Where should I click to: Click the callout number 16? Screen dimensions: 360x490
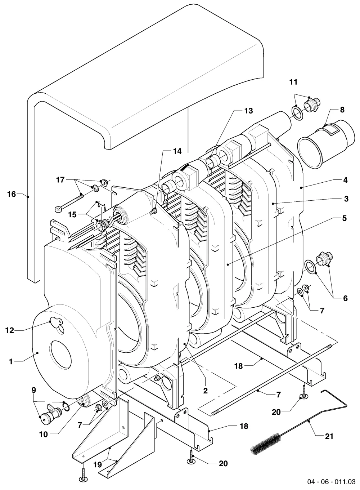pyautogui.click(x=12, y=194)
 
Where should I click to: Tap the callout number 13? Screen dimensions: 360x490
pyautogui.click(x=248, y=111)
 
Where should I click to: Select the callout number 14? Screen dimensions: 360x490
pyautogui.click(x=177, y=151)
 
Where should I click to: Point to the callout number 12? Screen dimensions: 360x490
pyautogui.click(x=10, y=330)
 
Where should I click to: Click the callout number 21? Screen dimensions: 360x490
pyautogui.click(x=329, y=436)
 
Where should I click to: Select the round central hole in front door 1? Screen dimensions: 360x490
pyautogui.click(x=60, y=354)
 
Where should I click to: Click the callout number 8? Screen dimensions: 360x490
pyautogui.click(x=342, y=110)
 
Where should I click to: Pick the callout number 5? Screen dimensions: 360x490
pyautogui.click(x=344, y=218)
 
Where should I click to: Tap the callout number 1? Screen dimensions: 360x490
pyautogui.click(x=11, y=361)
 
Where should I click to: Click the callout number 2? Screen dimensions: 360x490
pyautogui.click(x=205, y=391)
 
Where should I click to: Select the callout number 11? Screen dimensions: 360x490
pyautogui.click(x=293, y=82)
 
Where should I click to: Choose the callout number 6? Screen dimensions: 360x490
pyautogui.click(x=345, y=298)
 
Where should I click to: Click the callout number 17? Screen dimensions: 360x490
pyautogui.click(x=60, y=180)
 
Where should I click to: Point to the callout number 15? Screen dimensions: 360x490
pyautogui.click(x=72, y=215)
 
